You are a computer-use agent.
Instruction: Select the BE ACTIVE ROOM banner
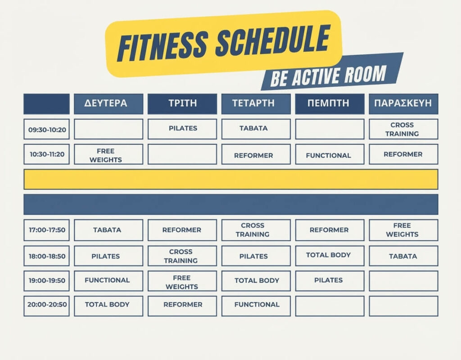332,72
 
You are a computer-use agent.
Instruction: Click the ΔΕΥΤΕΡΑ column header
108,104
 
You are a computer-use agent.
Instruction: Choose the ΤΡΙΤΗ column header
182,104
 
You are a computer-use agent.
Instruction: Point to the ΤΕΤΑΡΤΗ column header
256,104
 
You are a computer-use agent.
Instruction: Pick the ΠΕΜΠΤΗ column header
330,104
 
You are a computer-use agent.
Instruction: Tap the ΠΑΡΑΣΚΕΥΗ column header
403,104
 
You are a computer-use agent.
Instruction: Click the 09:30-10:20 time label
47,129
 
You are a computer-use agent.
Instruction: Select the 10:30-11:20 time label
47,154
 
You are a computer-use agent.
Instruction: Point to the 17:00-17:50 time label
47,230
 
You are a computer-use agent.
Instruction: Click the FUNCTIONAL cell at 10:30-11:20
330,154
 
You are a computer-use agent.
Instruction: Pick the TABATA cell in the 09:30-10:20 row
256,129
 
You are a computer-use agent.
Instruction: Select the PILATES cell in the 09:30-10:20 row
182,129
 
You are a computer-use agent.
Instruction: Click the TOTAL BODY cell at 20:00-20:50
108,306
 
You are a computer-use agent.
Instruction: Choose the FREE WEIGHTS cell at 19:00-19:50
182,281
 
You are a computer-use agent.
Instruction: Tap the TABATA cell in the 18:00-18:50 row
403,256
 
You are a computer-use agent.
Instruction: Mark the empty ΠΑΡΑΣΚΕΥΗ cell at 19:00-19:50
403,281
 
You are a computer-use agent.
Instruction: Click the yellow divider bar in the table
231,179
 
